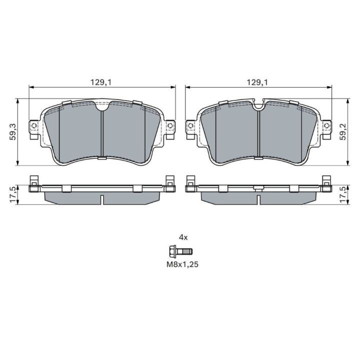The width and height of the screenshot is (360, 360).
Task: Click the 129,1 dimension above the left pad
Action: (100, 82)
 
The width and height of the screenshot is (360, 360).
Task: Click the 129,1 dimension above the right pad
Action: (257, 82)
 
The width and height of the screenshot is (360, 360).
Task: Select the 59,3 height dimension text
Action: (12, 132)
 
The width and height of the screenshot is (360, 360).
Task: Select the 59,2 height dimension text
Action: (343, 132)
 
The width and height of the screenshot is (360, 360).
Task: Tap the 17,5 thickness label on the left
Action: (12, 194)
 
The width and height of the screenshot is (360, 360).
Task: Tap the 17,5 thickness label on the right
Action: (343, 194)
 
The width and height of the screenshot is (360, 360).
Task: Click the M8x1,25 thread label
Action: (182, 264)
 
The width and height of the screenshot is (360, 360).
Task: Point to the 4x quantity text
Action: (183, 237)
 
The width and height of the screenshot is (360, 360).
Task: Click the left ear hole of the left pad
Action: (34, 125)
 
